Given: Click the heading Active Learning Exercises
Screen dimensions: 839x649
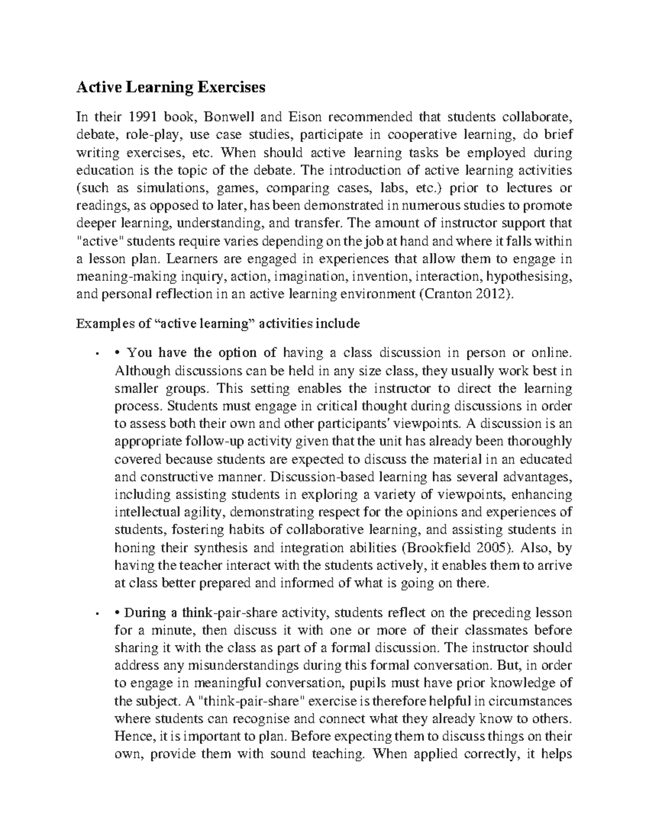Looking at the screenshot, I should [x=171, y=87].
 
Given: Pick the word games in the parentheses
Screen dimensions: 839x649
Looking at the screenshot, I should [x=235, y=189].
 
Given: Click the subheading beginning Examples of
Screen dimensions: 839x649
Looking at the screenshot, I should [x=218, y=324].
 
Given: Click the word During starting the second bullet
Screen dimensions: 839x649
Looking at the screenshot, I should [x=145, y=613].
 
